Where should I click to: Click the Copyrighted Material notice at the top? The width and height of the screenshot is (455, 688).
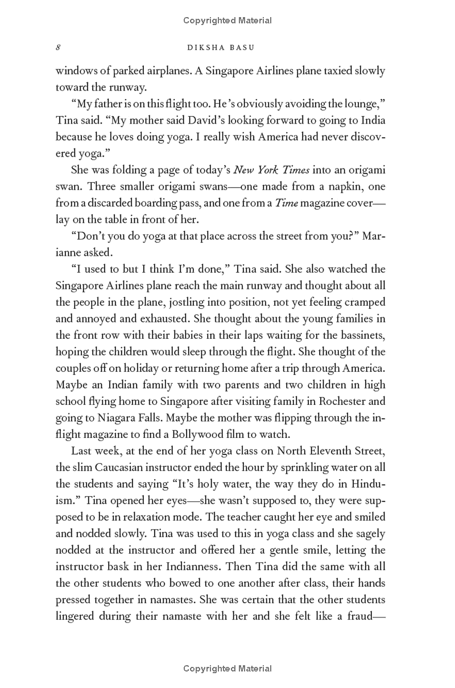[227, 21]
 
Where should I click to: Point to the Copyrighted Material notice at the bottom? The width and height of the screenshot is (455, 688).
[227, 669]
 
